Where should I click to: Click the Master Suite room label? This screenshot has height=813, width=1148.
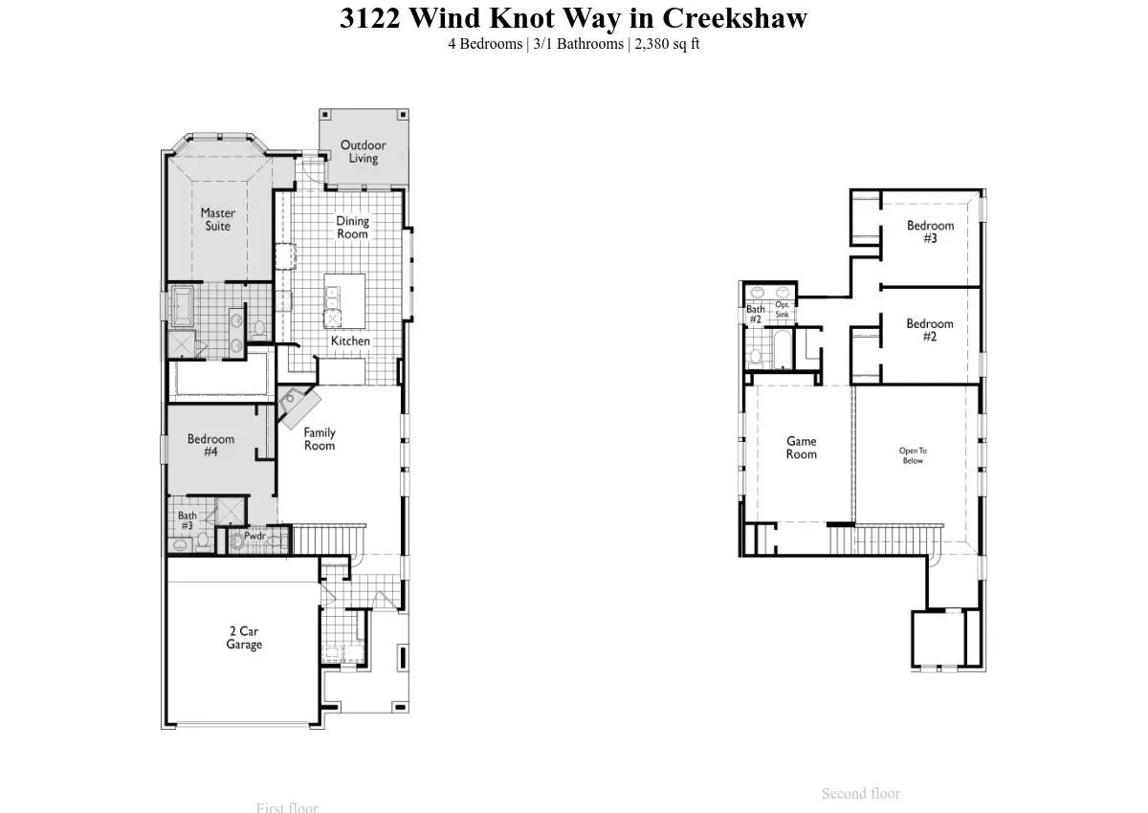coord(217,219)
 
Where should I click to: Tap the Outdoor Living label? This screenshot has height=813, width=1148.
coord(363,151)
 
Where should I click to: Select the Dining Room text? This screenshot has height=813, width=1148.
coord(352,227)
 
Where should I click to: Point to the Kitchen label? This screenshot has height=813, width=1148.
coord(350,341)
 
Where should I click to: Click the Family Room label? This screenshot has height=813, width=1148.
coord(320,438)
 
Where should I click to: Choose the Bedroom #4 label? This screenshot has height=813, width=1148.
coord(210,445)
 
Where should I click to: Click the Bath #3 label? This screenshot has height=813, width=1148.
coord(187,520)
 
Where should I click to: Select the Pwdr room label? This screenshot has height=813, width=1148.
coord(254,536)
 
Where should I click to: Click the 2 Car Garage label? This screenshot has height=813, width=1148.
coord(244,638)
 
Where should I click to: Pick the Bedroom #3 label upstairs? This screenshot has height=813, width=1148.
coord(930,231)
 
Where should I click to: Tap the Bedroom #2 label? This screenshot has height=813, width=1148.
coord(930,330)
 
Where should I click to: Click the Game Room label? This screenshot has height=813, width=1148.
coord(801,448)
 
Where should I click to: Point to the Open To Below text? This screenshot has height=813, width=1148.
coord(913,455)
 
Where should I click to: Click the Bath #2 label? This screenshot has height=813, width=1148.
coord(755,314)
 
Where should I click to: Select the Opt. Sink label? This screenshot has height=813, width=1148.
coord(782,309)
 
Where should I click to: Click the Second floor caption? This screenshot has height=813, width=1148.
coord(860,793)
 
